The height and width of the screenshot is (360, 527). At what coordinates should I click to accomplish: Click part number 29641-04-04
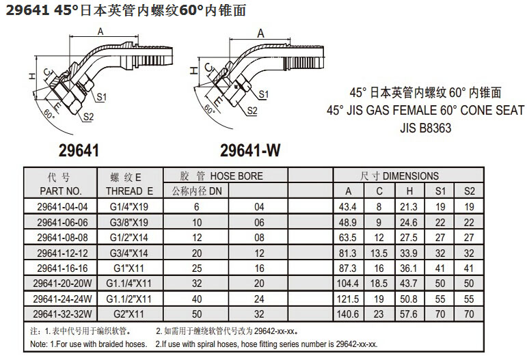coord(62,207)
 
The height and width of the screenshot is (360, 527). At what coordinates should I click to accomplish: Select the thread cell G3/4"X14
coord(129,253)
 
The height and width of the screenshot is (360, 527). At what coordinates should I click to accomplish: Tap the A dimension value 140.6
coord(347,314)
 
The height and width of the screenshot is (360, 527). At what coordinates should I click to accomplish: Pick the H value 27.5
coord(408,238)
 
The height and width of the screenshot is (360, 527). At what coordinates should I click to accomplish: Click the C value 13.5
coord(379,253)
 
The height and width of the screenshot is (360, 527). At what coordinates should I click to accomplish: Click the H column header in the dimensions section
coord(409,191)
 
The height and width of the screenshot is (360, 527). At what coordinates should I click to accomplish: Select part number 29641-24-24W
coord(62,299)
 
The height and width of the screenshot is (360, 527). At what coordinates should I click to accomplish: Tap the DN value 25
coord(197,268)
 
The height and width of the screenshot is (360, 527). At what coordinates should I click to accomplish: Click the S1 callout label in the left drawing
coord(101,97)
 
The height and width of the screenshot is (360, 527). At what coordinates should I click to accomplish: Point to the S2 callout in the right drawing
coord(252,111)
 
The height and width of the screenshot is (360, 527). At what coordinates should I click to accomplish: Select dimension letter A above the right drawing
coord(261,33)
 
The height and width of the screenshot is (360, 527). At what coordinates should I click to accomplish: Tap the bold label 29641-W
coord(250,150)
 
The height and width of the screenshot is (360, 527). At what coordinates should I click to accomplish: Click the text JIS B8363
coord(426,128)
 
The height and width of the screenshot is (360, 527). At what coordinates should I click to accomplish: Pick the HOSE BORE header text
coord(237,176)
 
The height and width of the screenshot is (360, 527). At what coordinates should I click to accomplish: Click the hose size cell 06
coord(259,222)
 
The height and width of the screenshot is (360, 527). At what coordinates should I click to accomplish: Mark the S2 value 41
coord(469,268)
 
